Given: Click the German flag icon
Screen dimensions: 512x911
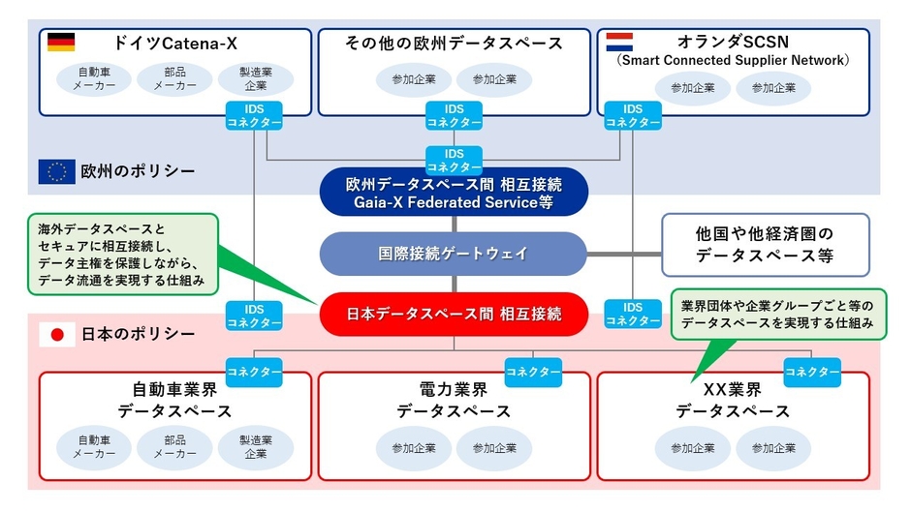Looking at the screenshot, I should tap(60, 43).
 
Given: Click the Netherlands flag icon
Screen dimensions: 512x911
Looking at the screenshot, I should tap(619, 43).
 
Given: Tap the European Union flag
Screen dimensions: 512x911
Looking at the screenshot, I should tap(56, 172).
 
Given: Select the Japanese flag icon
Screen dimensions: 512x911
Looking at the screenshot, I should tap(56, 335).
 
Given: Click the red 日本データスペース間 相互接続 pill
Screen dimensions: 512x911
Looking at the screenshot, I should tap(454, 314).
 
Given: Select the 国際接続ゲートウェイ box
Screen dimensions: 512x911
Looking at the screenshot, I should tap(454, 254).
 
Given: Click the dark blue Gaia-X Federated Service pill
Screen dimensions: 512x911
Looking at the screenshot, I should tap(454, 192).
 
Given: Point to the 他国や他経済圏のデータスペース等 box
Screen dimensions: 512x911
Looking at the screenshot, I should tap(765, 246).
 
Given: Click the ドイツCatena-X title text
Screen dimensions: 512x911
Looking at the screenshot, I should tap(175, 43).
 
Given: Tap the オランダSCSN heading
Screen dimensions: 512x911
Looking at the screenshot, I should tap(734, 43).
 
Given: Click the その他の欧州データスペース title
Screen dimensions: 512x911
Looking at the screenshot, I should tap(454, 43).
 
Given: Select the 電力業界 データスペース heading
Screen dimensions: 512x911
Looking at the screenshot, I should tap(454, 400).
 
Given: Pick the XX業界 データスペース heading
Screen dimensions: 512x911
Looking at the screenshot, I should tap(733, 400).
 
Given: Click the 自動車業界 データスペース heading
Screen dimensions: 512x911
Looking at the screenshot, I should tap(174, 400).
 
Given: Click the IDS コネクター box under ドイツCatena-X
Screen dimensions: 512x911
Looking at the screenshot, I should tap(254, 116).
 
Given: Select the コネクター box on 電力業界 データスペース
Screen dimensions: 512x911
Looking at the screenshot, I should tap(532, 371).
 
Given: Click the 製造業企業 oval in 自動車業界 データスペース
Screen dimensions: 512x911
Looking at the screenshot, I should tap(255, 446).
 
